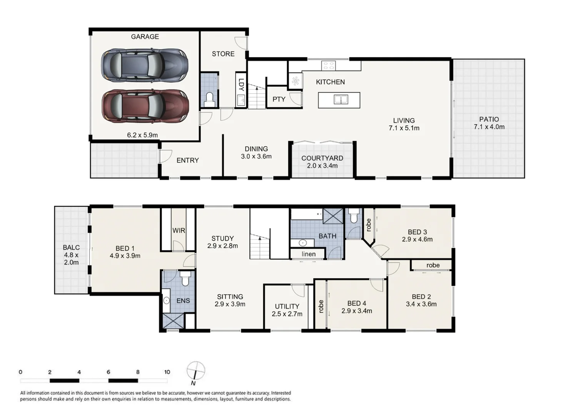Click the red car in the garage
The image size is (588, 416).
point(145,106)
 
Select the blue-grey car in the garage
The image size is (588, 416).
point(145,65)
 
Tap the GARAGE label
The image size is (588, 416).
point(145,37)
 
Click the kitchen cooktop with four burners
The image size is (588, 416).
point(328,66)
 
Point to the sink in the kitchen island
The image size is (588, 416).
point(341,100)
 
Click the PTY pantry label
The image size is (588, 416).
point(279,99)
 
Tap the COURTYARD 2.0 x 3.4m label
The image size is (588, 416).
point(322,162)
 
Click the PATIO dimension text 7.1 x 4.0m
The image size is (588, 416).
point(489,127)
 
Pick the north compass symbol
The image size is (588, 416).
point(195,371)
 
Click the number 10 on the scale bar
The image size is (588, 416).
point(167,372)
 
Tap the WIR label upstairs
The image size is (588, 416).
point(179,231)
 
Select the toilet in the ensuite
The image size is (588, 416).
point(185,278)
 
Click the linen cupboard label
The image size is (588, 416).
point(309,254)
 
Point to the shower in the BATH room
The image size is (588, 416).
point(333,216)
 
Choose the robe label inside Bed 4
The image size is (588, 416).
point(321,307)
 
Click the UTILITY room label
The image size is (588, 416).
point(287,307)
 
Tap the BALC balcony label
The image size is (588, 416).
point(71,248)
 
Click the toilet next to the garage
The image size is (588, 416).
point(209,99)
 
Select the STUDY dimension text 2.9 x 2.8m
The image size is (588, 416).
point(222,246)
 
